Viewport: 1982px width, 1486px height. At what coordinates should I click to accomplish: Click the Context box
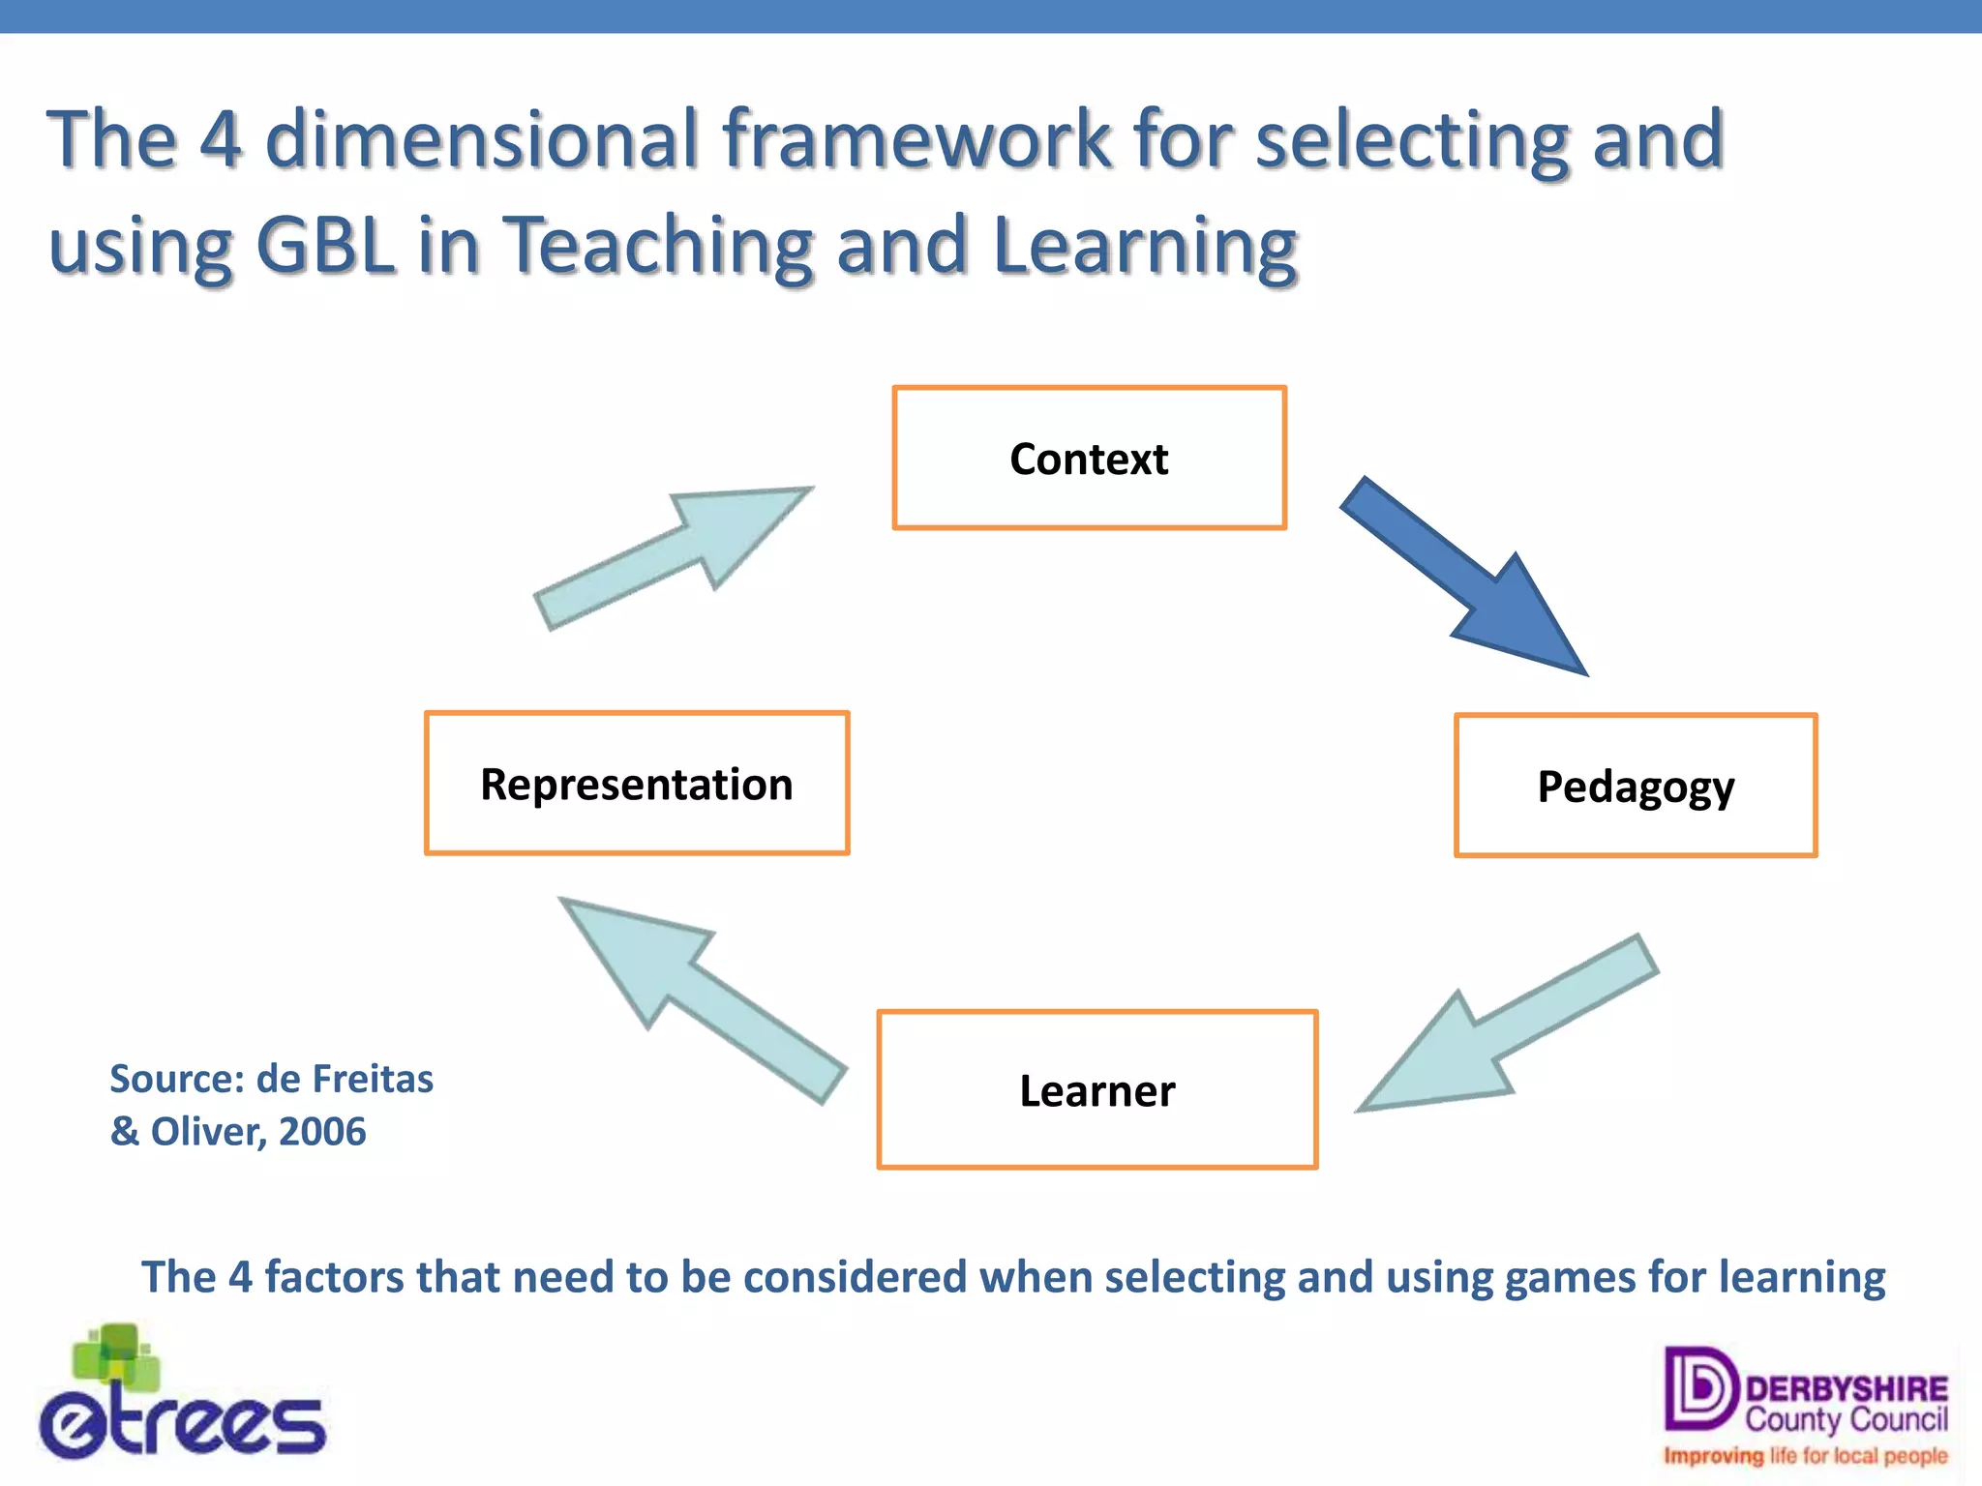tap(1089, 458)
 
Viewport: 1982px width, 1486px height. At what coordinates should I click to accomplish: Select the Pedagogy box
tap(1635, 786)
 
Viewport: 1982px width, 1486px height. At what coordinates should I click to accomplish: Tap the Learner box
tap(1096, 1090)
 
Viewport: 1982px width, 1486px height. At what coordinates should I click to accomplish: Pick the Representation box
tap(636, 784)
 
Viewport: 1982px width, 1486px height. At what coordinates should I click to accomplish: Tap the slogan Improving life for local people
tap(1805, 1456)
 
